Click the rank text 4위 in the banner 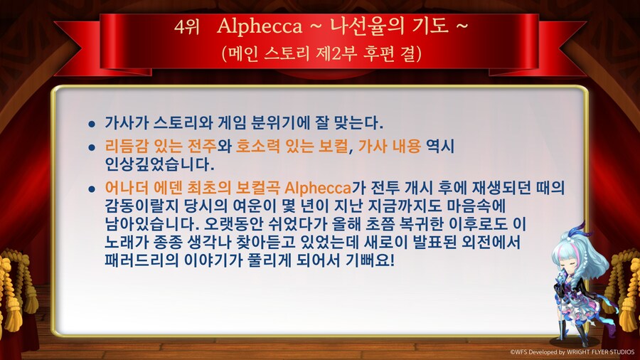pos(186,27)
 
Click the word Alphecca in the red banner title pos(260,27)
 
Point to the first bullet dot pos(91,123)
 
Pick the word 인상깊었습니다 pos(158,164)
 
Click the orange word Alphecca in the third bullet pos(318,189)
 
